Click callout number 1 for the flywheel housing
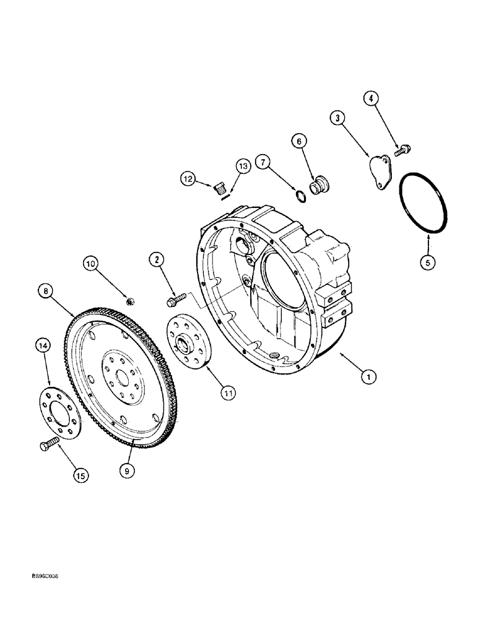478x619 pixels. [x=369, y=375]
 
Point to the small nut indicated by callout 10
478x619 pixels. [x=131, y=301]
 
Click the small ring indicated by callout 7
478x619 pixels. [x=300, y=196]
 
